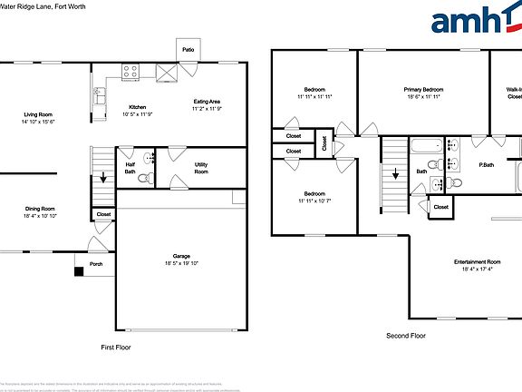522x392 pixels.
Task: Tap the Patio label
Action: [188, 50]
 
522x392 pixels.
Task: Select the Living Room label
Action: [37, 115]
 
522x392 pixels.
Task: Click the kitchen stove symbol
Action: [130, 71]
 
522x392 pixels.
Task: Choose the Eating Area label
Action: [207, 101]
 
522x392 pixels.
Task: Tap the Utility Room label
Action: [201, 168]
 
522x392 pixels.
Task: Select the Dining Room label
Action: [40, 209]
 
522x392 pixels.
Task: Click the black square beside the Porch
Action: [79, 269]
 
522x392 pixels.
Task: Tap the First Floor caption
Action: [115, 348]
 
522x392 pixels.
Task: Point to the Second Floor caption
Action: [405, 336]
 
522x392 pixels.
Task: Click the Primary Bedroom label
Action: [423, 90]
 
